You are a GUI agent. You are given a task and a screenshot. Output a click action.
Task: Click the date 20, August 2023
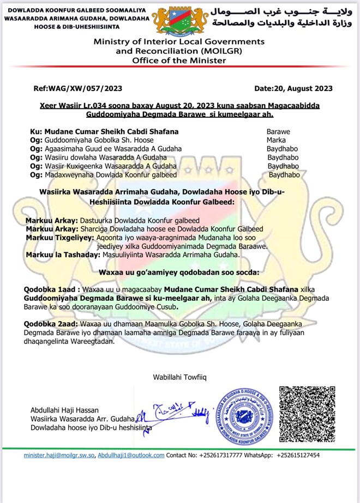click(x=293, y=88)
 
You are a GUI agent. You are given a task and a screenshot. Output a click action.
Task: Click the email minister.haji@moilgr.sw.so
click(x=59, y=455)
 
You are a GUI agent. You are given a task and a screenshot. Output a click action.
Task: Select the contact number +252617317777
click(x=221, y=455)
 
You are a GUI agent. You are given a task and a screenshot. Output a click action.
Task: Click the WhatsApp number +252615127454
click(x=298, y=455)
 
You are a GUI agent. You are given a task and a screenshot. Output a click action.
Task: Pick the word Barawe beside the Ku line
click(x=278, y=132)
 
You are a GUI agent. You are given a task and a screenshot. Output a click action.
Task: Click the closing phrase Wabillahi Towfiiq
click(x=179, y=377)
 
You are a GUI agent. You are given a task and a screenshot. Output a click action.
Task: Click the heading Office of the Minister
click(x=179, y=60)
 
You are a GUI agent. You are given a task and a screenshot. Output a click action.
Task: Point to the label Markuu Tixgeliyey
click(x=59, y=238)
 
